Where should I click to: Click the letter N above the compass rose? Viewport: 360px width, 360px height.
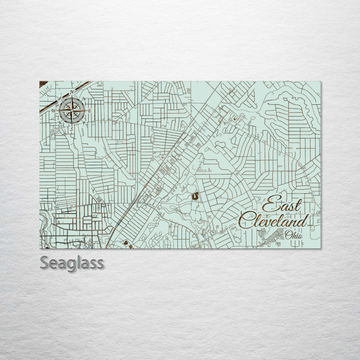tap(72, 92)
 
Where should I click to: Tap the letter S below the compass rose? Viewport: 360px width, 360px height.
tap(71, 128)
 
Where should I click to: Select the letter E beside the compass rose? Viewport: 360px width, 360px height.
tap(90, 110)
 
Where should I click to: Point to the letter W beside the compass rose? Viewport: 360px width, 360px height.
tap(53, 110)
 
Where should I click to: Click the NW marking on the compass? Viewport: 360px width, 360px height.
tap(60, 98)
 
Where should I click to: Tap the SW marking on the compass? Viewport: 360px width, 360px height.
tap(59, 123)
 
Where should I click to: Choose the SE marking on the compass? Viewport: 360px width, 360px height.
tap(84, 123)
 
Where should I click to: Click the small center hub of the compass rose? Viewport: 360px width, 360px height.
tap(72, 110)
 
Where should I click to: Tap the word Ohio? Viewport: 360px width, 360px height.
tap(294, 235)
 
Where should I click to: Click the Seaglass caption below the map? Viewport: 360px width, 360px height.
tap(72, 263)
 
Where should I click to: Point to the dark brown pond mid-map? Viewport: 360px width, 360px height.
tap(195, 196)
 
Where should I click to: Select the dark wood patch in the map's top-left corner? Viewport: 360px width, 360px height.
tap(44, 84)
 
